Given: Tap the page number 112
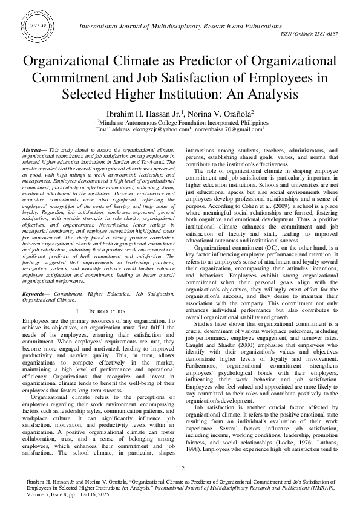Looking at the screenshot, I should [x=180, y=468].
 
